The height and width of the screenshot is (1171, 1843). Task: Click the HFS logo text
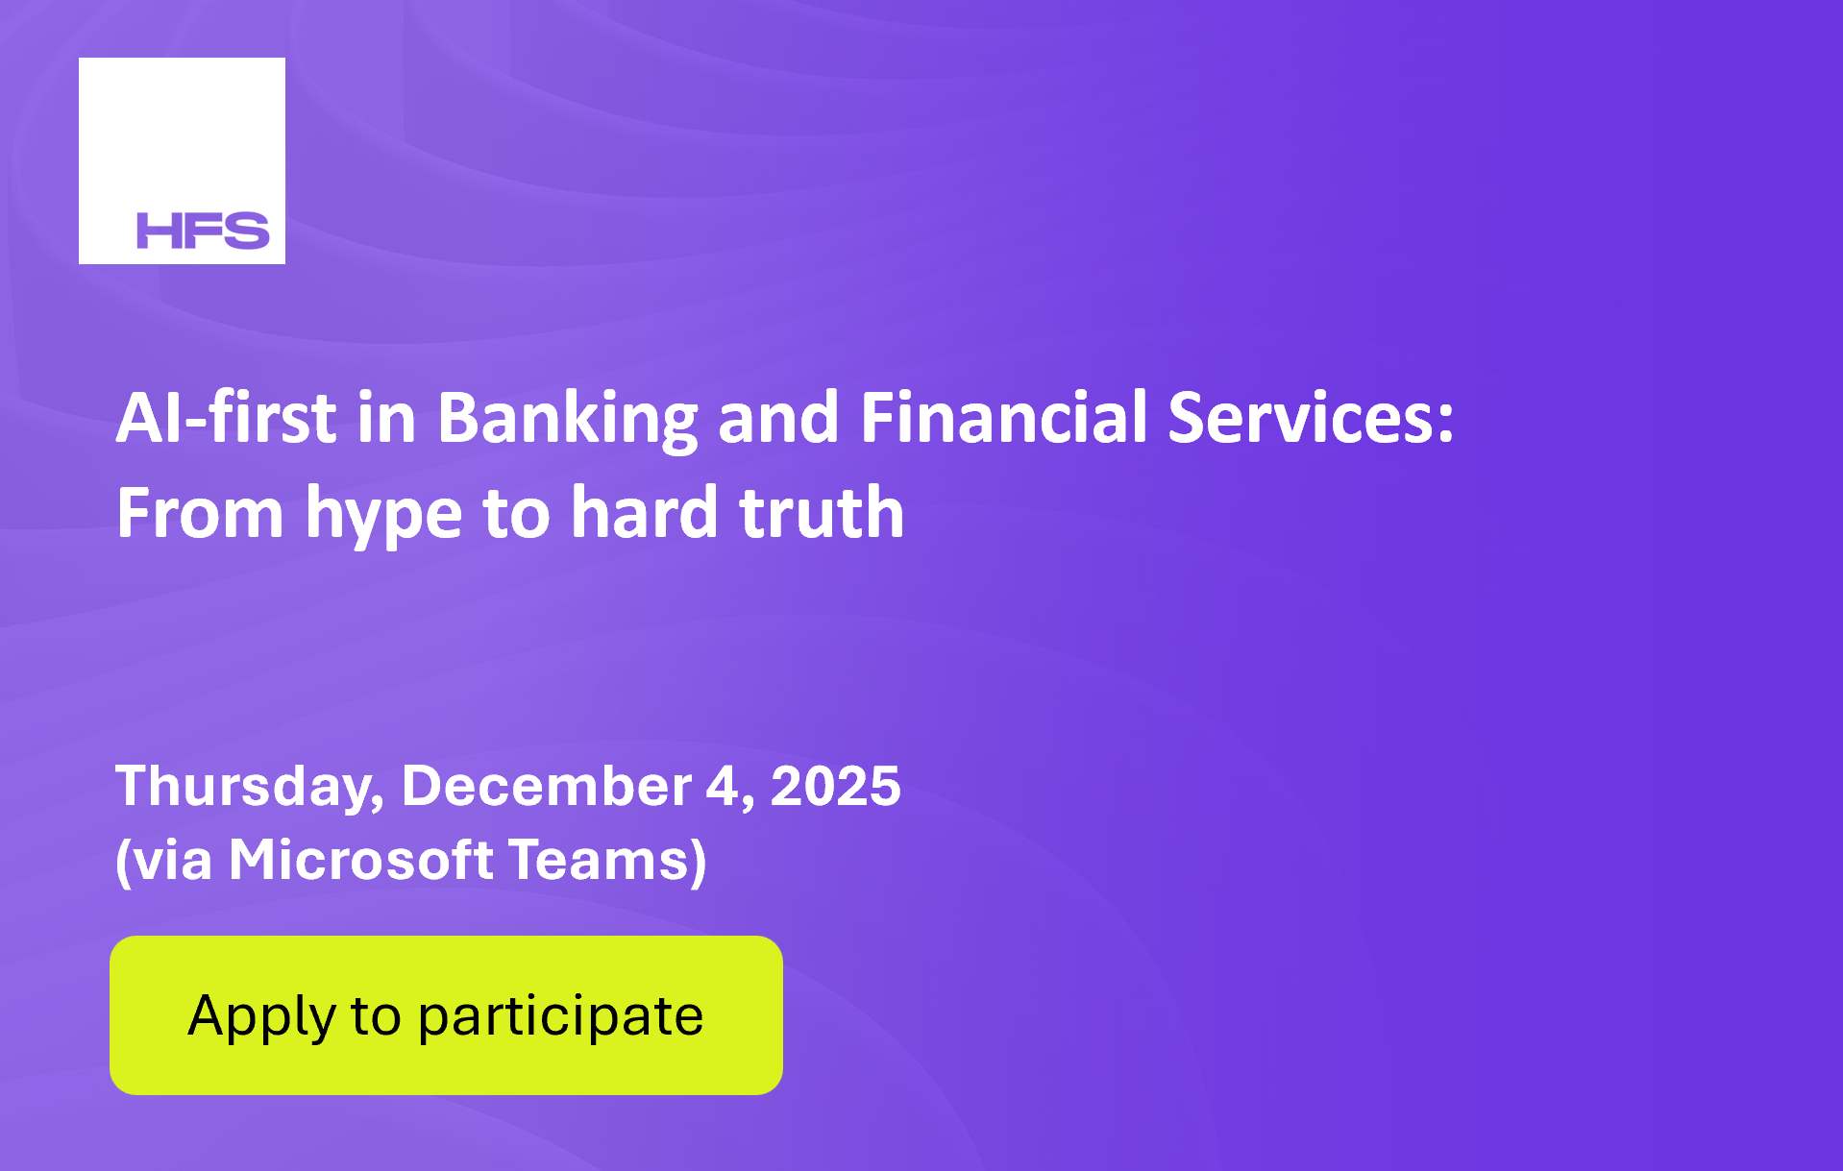point(203,231)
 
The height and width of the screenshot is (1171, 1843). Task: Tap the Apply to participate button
point(446,1014)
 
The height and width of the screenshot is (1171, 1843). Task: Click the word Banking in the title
point(567,419)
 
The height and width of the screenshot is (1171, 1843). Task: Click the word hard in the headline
point(644,512)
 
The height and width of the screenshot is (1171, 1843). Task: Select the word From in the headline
point(200,512)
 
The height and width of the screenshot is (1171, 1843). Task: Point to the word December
point(546,786)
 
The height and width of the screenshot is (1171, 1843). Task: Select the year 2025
point(836,786)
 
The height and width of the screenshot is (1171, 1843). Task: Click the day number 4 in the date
point(723,786)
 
